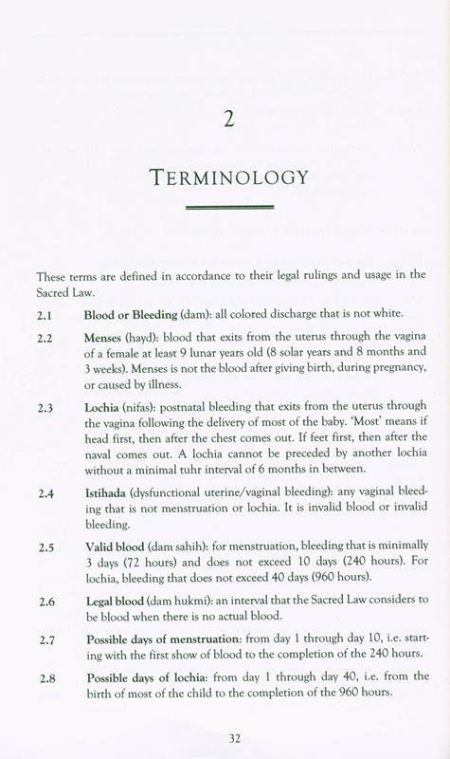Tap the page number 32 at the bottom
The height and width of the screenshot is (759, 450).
[226, 737]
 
